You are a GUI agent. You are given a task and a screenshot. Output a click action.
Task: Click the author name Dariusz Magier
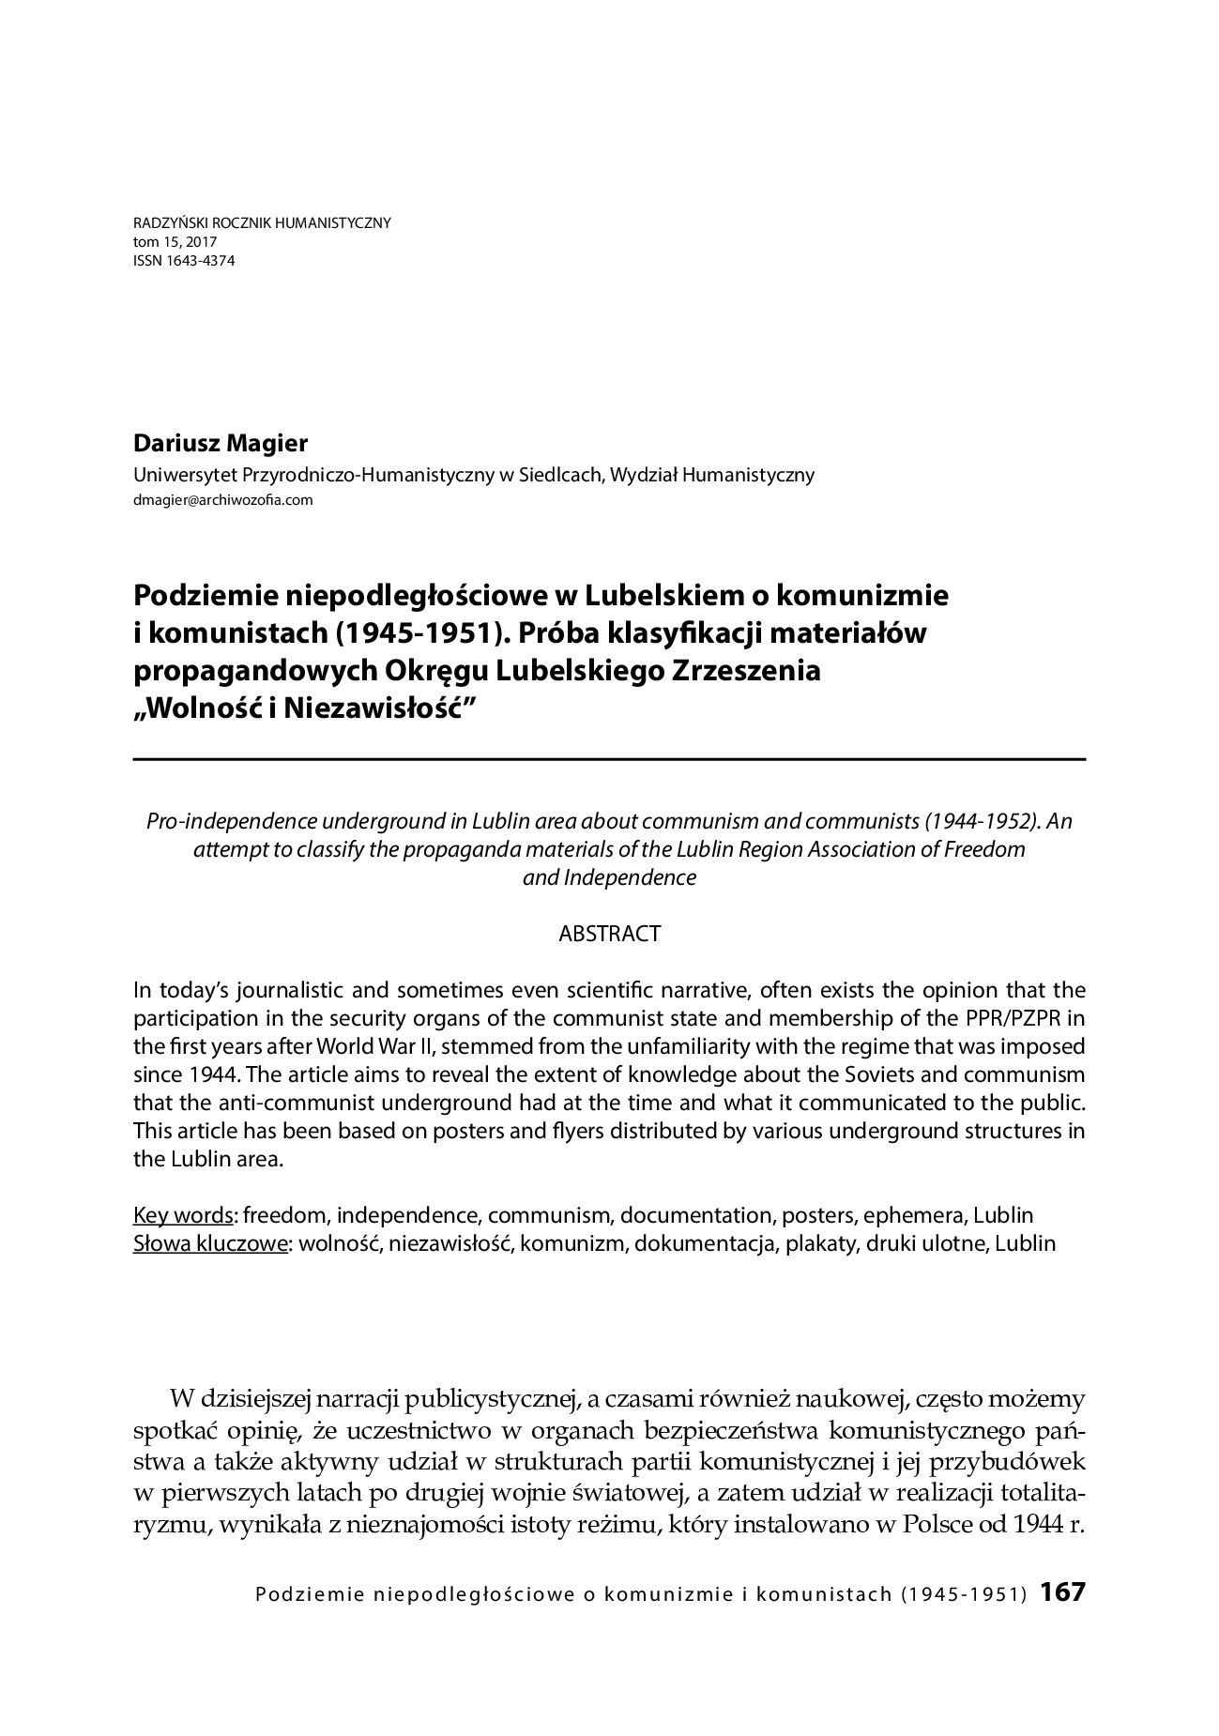tap(221, 444)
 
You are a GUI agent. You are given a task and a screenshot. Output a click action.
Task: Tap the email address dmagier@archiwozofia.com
tap(223, 500)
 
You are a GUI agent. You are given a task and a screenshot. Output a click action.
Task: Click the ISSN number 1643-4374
tap(184, 261)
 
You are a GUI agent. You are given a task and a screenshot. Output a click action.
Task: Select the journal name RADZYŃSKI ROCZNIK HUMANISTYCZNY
tap(263, 223)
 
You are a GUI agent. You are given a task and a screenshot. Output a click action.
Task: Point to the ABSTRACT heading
tap(609, 934)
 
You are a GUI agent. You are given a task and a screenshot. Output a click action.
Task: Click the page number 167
tap(1062, 1592)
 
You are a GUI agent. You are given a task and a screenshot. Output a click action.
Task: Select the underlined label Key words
tap(183, 1216)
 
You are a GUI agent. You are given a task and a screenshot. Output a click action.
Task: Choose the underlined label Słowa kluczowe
tap(210, 1244)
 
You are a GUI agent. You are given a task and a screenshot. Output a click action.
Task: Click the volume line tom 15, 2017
tap(175, 242)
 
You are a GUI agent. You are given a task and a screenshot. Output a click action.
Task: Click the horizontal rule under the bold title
tap(609, 758)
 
